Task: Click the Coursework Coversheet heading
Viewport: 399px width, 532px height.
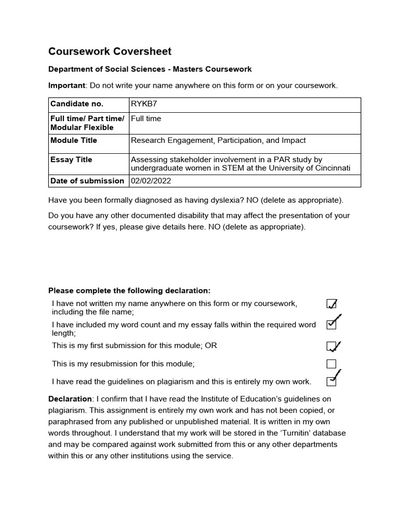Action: tap(110, 51)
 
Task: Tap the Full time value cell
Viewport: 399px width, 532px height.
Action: tap(146, 118)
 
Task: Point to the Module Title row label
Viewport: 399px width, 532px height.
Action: tap(74, 140)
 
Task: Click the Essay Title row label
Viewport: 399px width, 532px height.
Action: tap(71, 160)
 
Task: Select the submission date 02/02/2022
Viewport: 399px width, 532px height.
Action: tap(152, 181)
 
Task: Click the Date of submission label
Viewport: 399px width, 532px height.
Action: tap(87, 181)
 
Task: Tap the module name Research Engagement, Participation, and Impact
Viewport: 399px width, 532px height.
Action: tap(218, 140)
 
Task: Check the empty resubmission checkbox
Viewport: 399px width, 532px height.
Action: tap(331, 364)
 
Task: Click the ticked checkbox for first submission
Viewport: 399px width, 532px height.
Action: tap(331, 346)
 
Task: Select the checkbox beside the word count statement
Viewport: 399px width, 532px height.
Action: tap(331, 324)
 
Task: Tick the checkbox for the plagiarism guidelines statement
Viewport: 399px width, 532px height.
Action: tap(331, 381)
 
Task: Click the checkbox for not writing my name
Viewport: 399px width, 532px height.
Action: tap(331, 304)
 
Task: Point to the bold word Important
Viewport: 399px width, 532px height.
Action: tap(66, 85)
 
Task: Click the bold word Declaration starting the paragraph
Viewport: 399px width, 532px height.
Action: tap(70, 398)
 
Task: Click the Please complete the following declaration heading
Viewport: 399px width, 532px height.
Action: tap(129, 290)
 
